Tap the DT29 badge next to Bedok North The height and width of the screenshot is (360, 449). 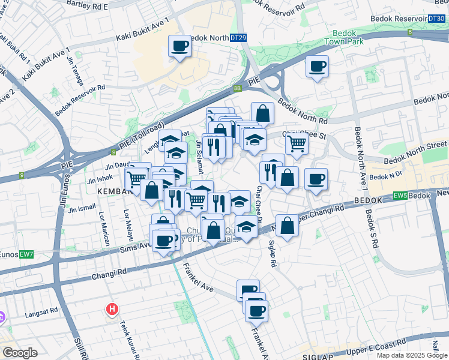(238, 38)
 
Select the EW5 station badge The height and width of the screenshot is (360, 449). (400, 196)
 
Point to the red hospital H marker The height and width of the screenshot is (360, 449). (111, 310)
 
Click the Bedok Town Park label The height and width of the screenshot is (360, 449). (344, 38)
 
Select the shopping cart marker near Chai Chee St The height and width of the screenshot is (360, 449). (297, 144)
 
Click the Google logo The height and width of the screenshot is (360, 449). (19, 353)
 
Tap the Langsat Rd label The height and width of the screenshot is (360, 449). (41, 313)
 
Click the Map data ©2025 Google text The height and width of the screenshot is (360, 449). (411, 355)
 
